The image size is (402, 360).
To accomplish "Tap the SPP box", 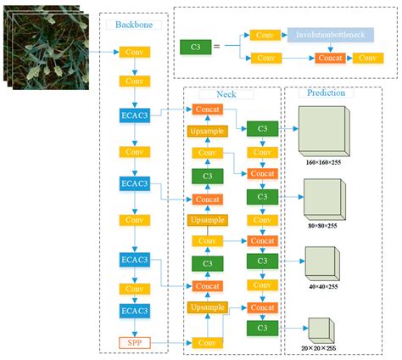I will point(134,343).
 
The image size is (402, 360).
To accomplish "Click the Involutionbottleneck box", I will point(329,35).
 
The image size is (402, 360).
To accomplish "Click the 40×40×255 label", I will point(327,287).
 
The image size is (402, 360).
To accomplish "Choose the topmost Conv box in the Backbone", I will point(134,53).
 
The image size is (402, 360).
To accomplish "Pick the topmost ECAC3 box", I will point(134,115).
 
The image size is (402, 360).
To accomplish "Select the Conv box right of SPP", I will point(206,343).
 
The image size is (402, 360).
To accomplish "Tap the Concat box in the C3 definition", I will point(329,59).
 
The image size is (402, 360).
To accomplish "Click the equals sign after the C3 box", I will point(216,47).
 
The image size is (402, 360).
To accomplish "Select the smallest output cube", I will point(318,328).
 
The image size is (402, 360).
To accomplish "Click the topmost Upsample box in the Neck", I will point(206,132).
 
